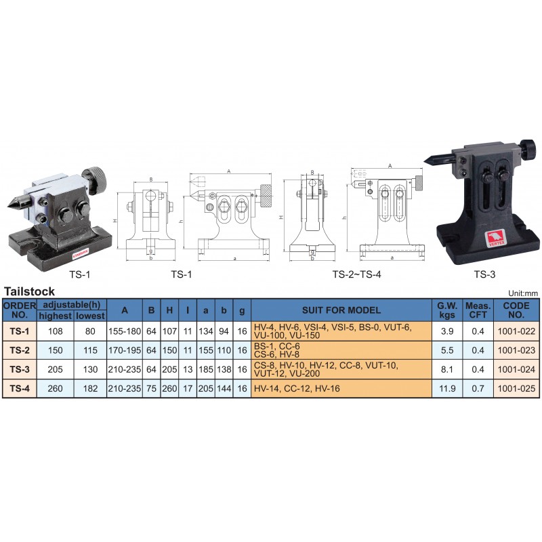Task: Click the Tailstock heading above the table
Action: (x=29, y=291)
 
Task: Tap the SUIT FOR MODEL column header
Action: (x=341, y=310)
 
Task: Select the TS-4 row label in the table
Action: (x=20, y=388)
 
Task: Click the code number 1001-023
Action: (x=516, y=350)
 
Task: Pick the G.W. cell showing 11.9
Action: (x=447, y=388)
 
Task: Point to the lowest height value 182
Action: (x=90, y=388)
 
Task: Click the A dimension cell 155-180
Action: (x=125, y=331)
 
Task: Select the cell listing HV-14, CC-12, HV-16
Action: (x=297, y=388)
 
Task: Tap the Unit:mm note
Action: (x=523, y=293)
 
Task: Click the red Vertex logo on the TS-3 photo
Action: (x=496, y=238)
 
